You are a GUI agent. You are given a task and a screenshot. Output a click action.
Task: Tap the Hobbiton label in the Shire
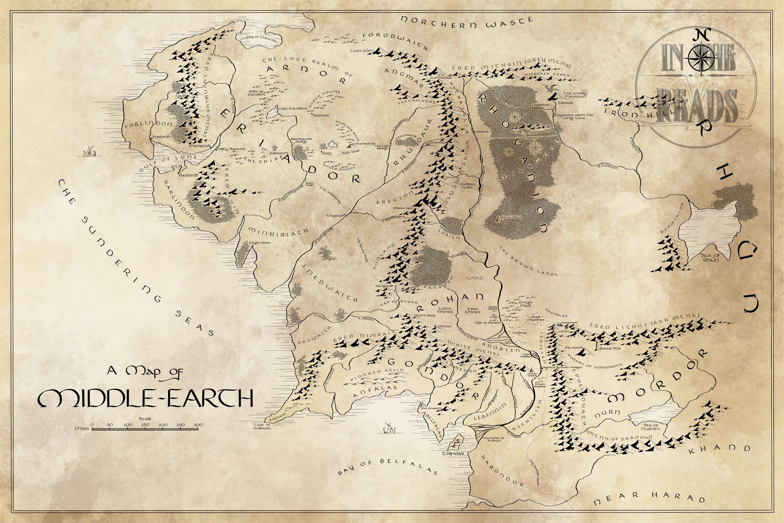pyautogui.click(x=279, y=153)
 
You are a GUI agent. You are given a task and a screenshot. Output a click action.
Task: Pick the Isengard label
pyautogui.click(x=385, y=286)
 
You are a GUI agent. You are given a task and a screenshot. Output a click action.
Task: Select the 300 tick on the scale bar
pyautogui.click(x=198, y=425)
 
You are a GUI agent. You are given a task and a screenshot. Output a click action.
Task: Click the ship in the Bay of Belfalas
pyautogui.click(x=388, y=427)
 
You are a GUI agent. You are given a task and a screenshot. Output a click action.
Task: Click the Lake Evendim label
pyautogui.click(x=292, y=109)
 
